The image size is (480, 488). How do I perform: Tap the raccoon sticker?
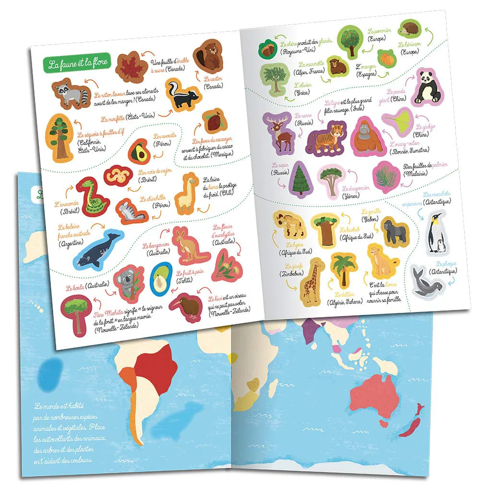[71, 93]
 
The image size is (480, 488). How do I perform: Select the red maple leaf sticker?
[131, 67]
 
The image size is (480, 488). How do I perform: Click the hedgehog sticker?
[411, 28]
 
